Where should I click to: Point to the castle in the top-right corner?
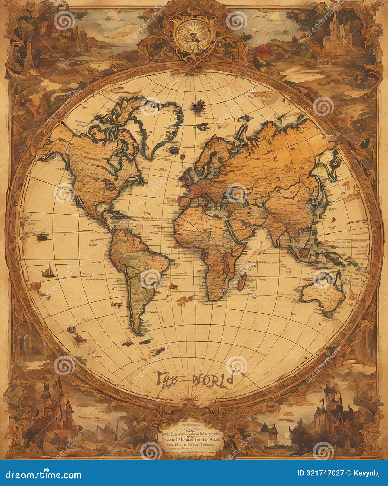(x=335, y=32)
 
